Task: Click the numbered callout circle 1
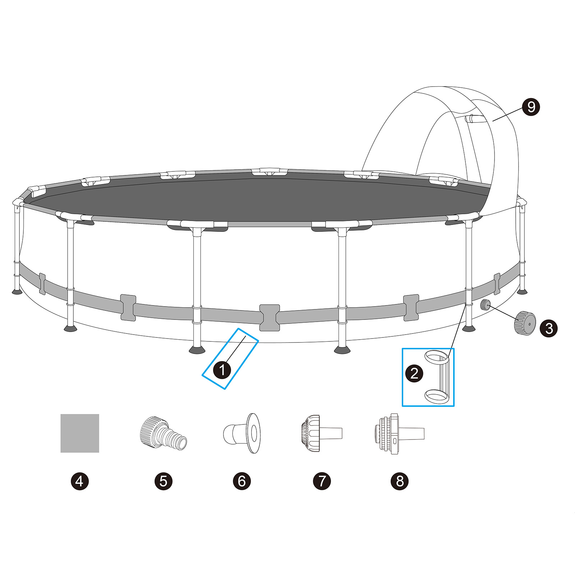222,370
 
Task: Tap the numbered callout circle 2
414,373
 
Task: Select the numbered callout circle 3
549,328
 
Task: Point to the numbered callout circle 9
531,107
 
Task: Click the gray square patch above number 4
79,433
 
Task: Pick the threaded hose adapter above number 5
162,433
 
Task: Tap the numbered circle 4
79,481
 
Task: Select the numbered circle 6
241,481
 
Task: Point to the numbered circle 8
400,481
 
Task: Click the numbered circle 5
164,481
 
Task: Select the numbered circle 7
322,481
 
